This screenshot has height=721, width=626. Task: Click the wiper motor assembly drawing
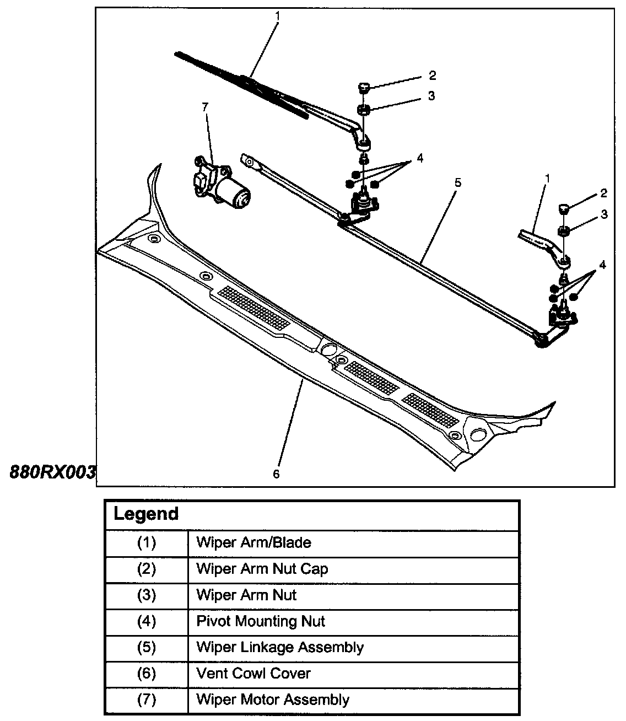(x=223, y=185)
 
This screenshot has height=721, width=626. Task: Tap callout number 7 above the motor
(x=206, y=107)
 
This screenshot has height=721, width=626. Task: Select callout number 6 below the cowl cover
(x=276, y=474)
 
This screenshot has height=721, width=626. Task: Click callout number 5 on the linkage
(x=457, y=182)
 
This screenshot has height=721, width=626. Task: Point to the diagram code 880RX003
(x=53, y=472)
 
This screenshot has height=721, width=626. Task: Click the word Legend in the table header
(x=146, y=514)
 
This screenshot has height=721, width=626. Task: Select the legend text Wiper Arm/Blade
(x=253, y=543)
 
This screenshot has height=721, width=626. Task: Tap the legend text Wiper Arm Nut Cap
(x=262, y=569)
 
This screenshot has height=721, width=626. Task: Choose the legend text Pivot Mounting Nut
(x=261, y=622)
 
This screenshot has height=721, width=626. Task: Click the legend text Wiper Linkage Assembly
(x=280, y=648)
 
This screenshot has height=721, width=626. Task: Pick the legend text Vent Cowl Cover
(x=253, y=674)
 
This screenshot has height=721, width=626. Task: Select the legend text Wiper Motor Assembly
(x=273, y=700)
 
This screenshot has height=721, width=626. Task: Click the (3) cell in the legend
(x=147, y=595)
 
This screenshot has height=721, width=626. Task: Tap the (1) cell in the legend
(x=147, y=543)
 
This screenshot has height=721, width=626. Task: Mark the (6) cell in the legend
(x=147, y=674)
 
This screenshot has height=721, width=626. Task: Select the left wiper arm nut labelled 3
(x=364, y=109)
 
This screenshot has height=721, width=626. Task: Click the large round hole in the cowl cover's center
(x=329, y=350)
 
